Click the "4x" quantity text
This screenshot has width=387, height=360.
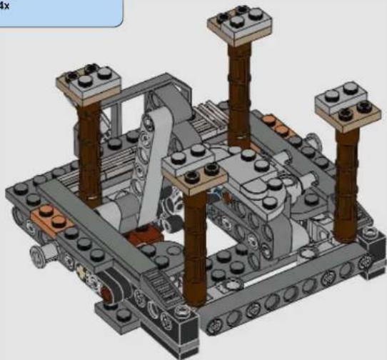click(4, 6)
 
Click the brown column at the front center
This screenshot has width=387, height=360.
click(195, 247)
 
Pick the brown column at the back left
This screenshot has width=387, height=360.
click(89, 153)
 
